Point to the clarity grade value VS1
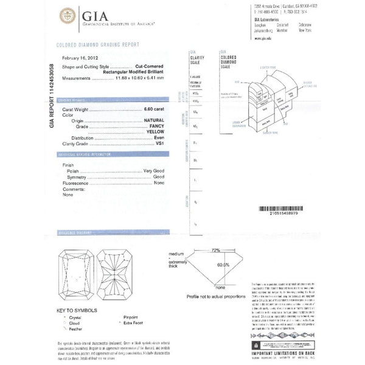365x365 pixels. coord(160,144)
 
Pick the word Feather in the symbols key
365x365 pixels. coord(75,328)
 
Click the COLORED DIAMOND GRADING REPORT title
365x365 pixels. coord(98,45)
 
